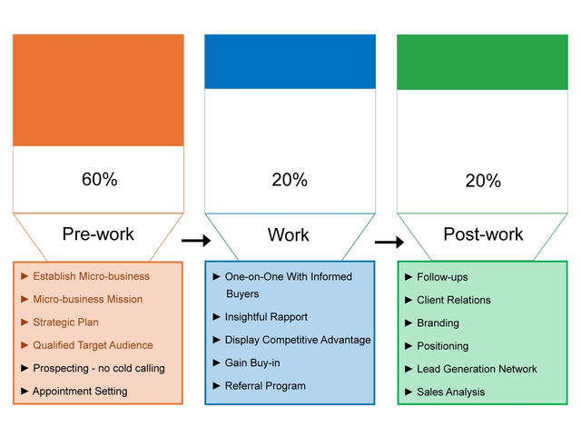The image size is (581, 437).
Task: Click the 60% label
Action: tap(99, 179)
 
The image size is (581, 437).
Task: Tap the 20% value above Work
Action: tap(290, 180)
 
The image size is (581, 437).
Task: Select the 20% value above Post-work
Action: tap(482, 181)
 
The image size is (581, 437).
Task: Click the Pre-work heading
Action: tap(98, 234)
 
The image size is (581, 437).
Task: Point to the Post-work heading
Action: tap(483, 234)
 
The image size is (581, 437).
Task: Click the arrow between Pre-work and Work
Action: tap(195, 241)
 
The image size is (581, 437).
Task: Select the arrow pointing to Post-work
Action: tap(389, 243)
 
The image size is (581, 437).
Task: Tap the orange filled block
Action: tap(98, 90)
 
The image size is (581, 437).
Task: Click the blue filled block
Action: tap(290, 62)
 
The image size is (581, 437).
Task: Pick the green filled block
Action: tap(482, 63)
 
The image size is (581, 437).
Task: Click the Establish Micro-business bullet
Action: tap(91, 276)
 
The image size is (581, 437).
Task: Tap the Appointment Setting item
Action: tap(80, 391)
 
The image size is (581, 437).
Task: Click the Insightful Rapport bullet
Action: tap(266, 317)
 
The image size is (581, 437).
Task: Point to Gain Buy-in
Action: tap(252, 363)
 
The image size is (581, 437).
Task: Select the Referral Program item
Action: tap(265, 385)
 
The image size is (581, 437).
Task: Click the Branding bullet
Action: tap(438, 323)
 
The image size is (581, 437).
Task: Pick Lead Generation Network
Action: tap(477, 369)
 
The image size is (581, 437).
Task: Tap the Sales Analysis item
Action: tap(450, 392)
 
